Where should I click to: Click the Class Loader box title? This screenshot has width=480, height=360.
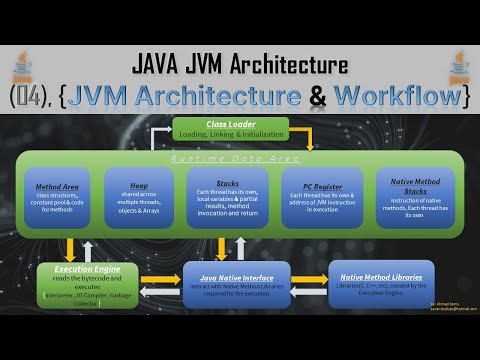[x=231, y=125]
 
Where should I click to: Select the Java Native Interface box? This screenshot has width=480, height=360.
[x=237, y=283]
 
